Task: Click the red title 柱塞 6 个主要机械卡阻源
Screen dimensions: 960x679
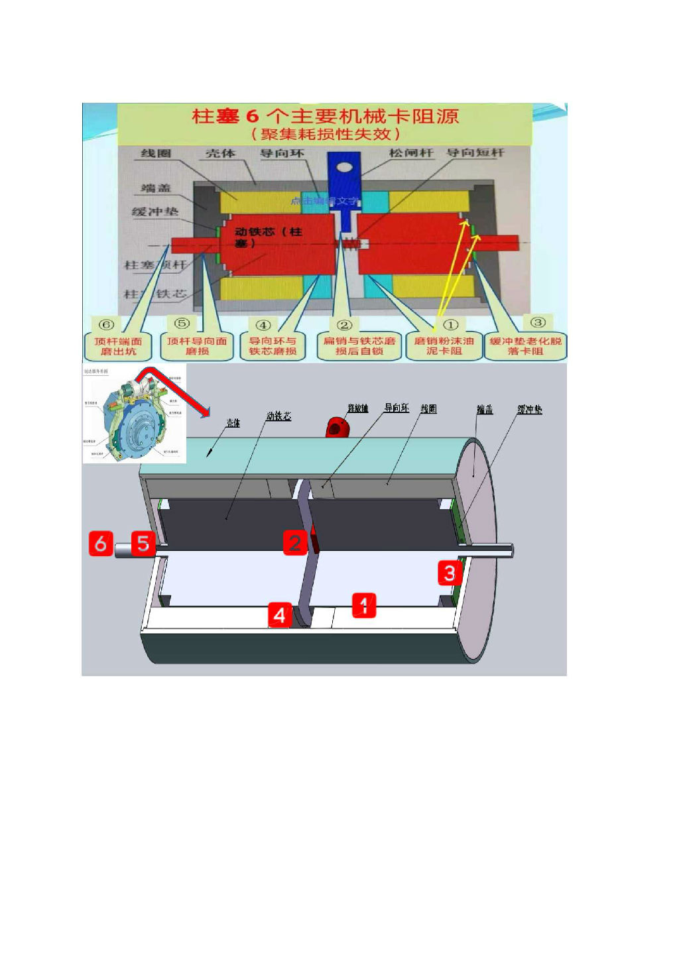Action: (325, 117)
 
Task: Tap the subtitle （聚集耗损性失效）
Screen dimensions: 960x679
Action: (325, 135)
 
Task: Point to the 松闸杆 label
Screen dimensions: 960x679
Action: (411, 153)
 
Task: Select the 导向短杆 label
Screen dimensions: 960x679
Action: (475, 153)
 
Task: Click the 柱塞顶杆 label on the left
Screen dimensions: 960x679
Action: (156, 265)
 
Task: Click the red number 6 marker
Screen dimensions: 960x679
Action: (101, 544)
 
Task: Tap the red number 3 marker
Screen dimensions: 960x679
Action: (450, 573)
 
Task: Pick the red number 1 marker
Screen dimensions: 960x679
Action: (363, 605)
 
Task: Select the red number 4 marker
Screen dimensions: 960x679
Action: (279, 615)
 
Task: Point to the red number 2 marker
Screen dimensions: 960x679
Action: (295, 542)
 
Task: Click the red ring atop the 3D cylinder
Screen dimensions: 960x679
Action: (336, 428)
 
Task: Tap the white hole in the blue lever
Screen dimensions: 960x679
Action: (343, 166)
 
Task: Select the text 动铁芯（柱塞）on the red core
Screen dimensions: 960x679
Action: (269, 237)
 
